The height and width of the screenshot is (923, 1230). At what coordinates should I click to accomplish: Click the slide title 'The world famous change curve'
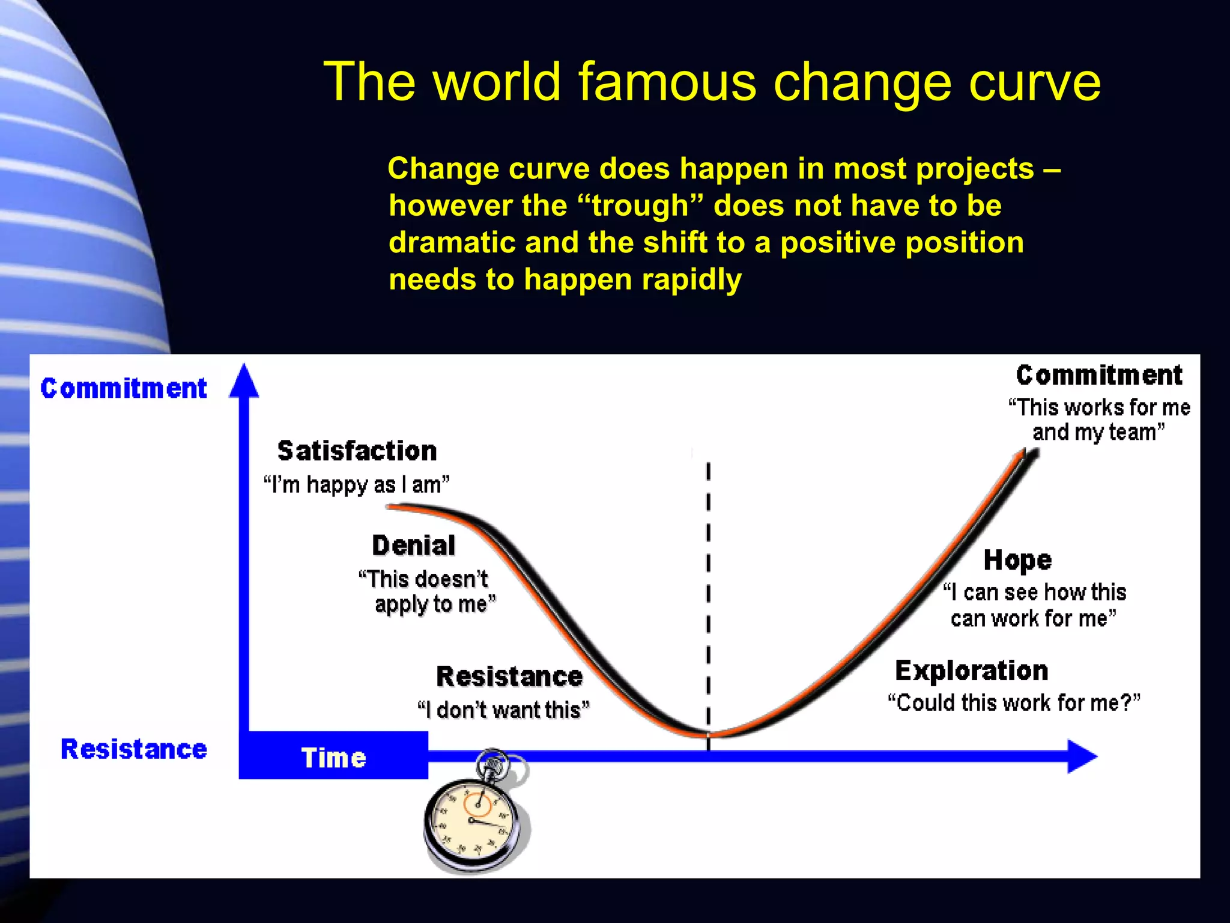pos(712,82)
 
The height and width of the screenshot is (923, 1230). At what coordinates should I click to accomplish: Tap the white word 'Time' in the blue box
pos(333,758)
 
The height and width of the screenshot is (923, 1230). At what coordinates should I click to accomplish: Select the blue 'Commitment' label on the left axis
pos(124,389)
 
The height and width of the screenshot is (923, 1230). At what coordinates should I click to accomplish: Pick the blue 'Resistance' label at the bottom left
pos(134,749)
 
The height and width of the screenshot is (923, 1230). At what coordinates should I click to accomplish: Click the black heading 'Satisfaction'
pos(357,451)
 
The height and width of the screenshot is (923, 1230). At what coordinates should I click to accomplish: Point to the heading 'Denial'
pos(413,546)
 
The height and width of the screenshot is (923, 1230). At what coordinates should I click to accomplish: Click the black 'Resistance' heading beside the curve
pos(509,677)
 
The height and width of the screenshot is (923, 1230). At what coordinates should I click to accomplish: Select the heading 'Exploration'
pos(971,671)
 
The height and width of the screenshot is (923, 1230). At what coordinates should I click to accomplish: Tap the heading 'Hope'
pos(1017,560)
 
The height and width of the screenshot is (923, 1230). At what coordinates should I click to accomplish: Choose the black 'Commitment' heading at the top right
pos(1099,376)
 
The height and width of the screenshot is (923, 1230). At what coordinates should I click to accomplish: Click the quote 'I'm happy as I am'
pos(357,484)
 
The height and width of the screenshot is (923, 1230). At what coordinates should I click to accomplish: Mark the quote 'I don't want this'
pos(503,710)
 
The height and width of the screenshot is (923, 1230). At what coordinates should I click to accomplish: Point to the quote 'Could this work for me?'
pos(1014,702)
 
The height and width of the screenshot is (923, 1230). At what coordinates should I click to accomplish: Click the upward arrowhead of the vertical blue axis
pos(244,382)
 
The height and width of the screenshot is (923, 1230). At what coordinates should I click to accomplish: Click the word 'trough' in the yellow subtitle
pos(640,206)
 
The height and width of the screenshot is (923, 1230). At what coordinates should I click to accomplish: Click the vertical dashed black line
pos(709,595)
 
